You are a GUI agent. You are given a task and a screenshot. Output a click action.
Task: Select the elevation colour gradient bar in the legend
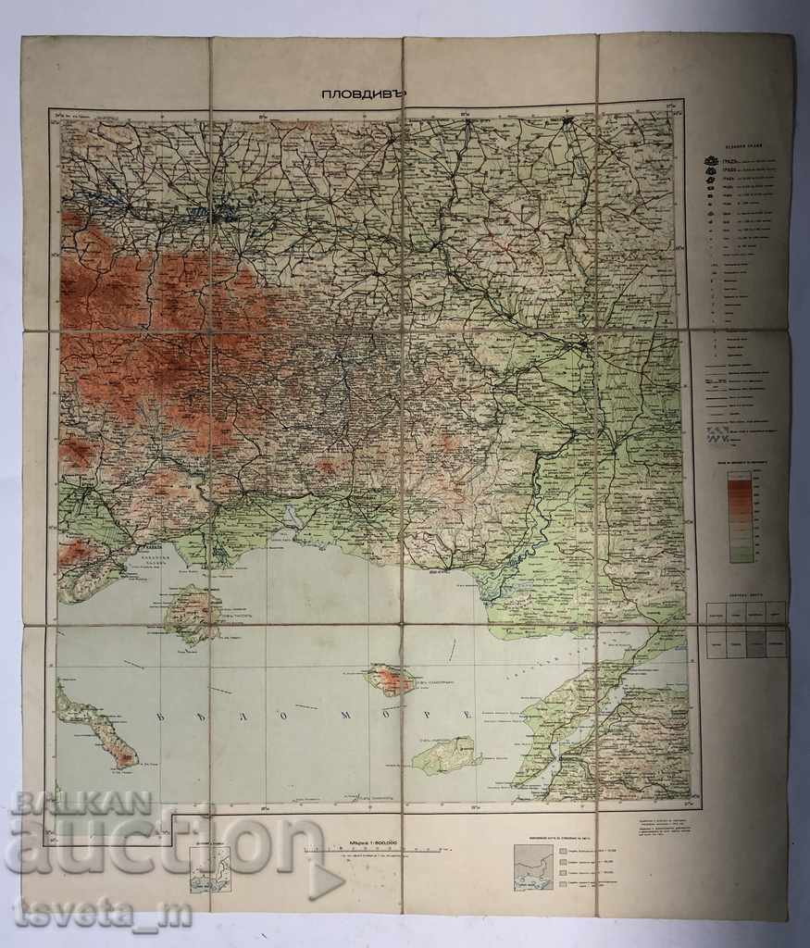coord(739,516)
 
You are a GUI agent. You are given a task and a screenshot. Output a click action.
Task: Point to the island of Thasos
coord(191,612)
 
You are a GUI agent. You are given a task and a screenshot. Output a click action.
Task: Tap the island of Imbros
coord(447,754)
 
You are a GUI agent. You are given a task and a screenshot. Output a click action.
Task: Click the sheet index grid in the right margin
coord(746,630)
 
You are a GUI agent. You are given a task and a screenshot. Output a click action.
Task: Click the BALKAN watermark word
coord(81,802)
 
